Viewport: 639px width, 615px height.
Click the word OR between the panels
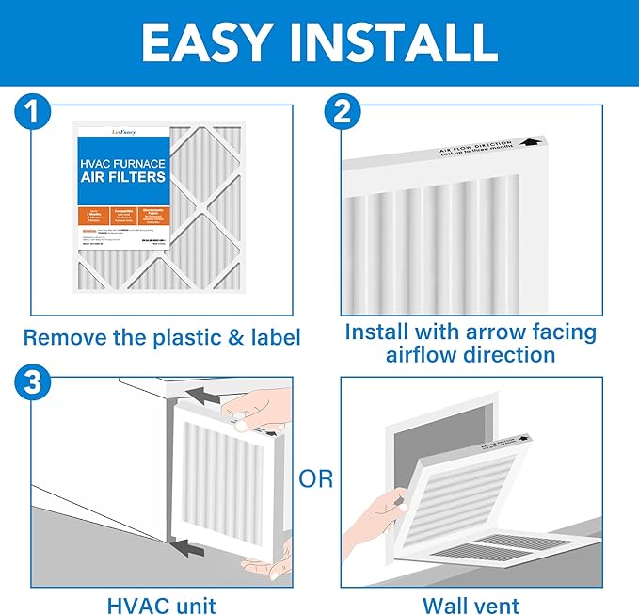point(316,478)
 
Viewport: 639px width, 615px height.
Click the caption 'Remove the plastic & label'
point(162,337)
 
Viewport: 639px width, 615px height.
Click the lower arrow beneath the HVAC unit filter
point(188,544)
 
